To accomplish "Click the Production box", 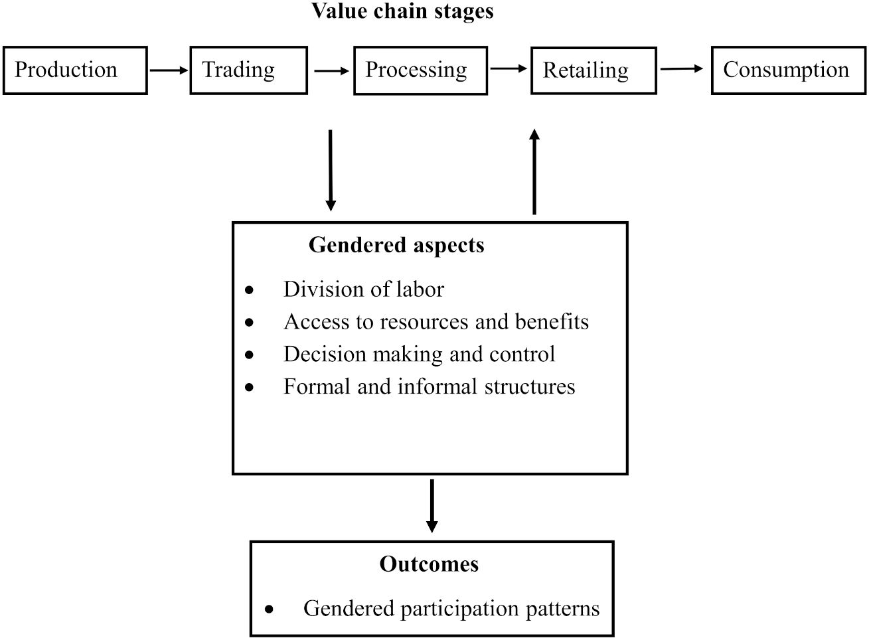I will (74, 70).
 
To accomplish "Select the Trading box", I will (248, 70).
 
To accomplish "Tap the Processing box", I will (420, 70).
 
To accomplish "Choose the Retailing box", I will (593, 70).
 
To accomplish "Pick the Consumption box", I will (788, 70).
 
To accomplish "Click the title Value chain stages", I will (402, 11).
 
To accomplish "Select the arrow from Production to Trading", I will (169, 70).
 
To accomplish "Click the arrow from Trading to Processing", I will (331, 70).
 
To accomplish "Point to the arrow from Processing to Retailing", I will (509, 68).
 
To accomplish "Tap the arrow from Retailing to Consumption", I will (682, 68).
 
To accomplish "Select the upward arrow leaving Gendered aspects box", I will (534, 171).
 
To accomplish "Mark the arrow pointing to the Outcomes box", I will (432, 506).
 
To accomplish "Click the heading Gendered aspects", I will (396, 246).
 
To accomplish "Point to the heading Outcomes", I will (429, 564).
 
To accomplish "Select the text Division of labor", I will (363, 289).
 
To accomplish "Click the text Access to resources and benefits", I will (435, 322).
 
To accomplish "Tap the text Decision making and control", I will (419, 355).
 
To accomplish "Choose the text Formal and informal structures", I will (429, 386).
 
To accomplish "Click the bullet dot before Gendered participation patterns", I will (269, 609).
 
